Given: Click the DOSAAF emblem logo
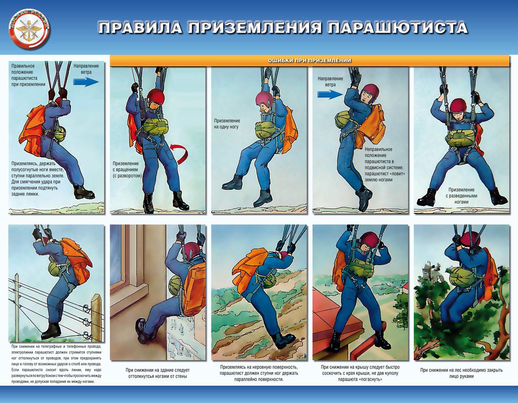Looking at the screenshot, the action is [29, 30].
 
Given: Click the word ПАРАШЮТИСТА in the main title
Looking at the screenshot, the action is [397, 28].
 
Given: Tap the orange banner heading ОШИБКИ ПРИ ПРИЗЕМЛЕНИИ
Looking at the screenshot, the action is [309, 61].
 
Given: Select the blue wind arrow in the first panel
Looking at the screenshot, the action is [86, 82].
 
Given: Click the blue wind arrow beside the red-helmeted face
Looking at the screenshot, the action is [330, 94].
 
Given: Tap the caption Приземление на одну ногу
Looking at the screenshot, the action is [227, 124].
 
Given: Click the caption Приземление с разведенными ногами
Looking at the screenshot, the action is [461, 196].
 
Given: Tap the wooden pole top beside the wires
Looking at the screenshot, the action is [96, 299].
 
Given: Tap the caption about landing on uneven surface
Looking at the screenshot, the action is [259, 373].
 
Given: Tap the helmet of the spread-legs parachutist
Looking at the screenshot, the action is [458, 106].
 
